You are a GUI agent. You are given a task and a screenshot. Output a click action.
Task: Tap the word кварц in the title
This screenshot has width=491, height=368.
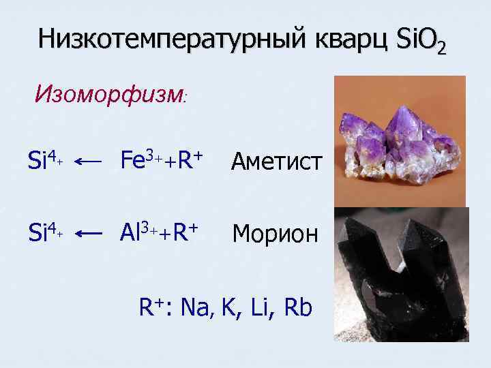pos(349,42)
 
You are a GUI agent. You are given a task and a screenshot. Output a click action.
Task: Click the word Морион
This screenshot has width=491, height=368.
pos(275,234)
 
